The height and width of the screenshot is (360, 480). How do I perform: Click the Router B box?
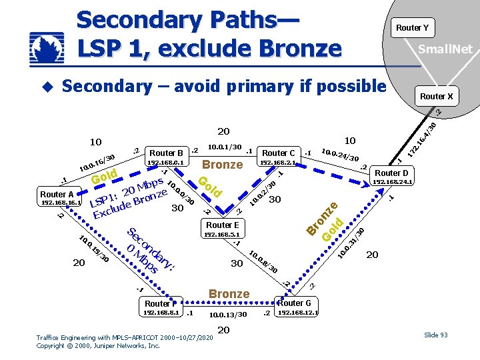pyautogui.click(x=167, y=153)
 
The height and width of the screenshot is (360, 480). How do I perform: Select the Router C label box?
pyautogui.click(x=279, y=153)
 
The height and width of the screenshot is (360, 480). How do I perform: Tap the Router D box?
pyautogui.click(x=392, y=172)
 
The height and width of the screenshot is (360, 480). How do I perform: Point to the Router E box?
pyautogui.click(x=222, y=225)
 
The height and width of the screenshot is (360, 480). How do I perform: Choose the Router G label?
pyautogui.click(x=294, y=303)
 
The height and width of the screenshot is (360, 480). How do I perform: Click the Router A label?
pyautogui.click(x=57, y=194)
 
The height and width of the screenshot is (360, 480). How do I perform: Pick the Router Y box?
pyautogui.click(x=412, y=27)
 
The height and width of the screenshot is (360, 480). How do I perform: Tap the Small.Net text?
pyautogui.click(x=445, y=49)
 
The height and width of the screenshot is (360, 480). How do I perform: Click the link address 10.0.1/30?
pyautogui.click(x=225, y=147)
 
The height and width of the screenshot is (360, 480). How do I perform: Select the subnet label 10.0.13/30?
pyautogui.click(x=228, y=314)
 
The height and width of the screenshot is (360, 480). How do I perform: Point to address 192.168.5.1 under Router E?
pyautogui.click(x=222, y=235)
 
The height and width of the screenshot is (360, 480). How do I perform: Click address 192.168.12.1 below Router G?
pyautogui.click(x=298, y=312)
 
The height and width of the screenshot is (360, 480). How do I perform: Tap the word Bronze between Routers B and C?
pyautogui.click(x=222, y=165)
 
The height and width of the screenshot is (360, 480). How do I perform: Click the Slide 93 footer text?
pyautogui.click(x=435, y=335)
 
